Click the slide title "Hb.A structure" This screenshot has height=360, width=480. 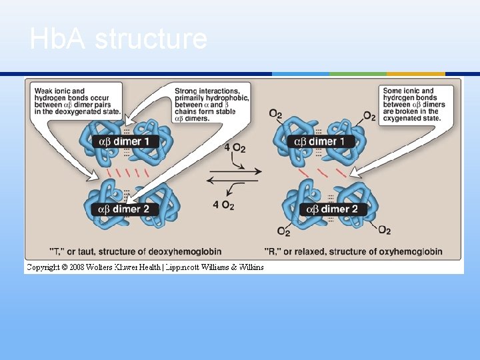[x=118, y=40]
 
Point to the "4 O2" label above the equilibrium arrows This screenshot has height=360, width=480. [x=235, y=147]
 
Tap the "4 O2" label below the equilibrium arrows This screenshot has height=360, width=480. [x=223, y=205]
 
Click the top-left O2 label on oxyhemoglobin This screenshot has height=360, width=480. [x=275, y=115]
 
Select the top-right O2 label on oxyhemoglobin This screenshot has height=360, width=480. [x=369, y=117]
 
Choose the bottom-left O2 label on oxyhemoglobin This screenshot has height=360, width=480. [x=283, y=232]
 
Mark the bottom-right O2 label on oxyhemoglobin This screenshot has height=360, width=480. [x=385, y=231]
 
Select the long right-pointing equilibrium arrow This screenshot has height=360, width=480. [x=235, y=171]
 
